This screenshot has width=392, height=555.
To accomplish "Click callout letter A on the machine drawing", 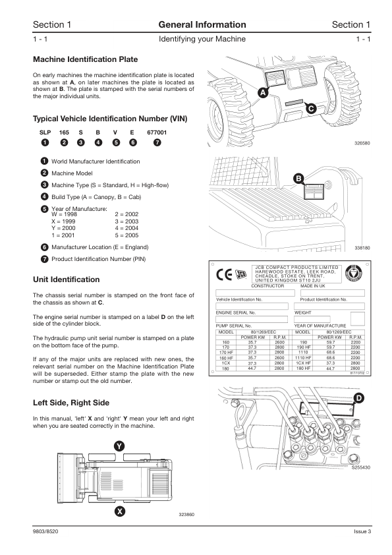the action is click(263, 93).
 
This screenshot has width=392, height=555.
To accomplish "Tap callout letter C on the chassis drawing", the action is click(311, 108).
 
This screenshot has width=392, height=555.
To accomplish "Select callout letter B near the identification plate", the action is click(299, 179).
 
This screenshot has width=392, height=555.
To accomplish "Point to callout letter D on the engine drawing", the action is click(359, 398).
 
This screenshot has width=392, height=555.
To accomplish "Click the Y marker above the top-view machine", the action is click(119, 446).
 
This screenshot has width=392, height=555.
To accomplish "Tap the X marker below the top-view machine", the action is click(120, 511).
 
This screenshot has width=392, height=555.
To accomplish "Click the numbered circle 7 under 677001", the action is click(157, 142).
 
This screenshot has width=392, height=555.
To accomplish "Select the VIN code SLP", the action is click(45, 132).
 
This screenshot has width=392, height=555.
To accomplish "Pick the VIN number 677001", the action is click(157, 132).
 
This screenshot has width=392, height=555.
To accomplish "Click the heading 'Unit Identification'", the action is click(66, 279).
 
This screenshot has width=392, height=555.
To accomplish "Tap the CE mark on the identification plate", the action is click(224, 275).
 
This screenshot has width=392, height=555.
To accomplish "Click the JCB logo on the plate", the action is click(240, 275).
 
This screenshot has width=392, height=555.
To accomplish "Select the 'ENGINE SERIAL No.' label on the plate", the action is click(235, 313).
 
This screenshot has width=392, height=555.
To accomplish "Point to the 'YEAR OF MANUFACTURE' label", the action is click(320, 326).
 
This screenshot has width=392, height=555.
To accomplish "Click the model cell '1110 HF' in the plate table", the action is click(303, 358).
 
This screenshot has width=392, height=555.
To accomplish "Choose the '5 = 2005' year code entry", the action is click(126, 235).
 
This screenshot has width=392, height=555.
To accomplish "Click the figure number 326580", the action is click(362, 143).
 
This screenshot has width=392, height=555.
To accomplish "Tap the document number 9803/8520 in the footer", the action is click(45, 531).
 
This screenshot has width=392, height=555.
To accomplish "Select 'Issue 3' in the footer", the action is click(362, 531).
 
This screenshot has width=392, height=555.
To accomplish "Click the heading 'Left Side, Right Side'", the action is click(71, 403).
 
